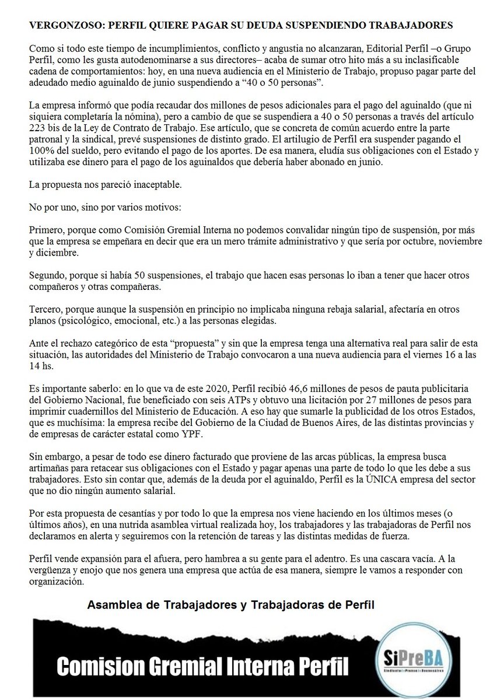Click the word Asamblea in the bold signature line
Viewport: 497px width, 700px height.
112,605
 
